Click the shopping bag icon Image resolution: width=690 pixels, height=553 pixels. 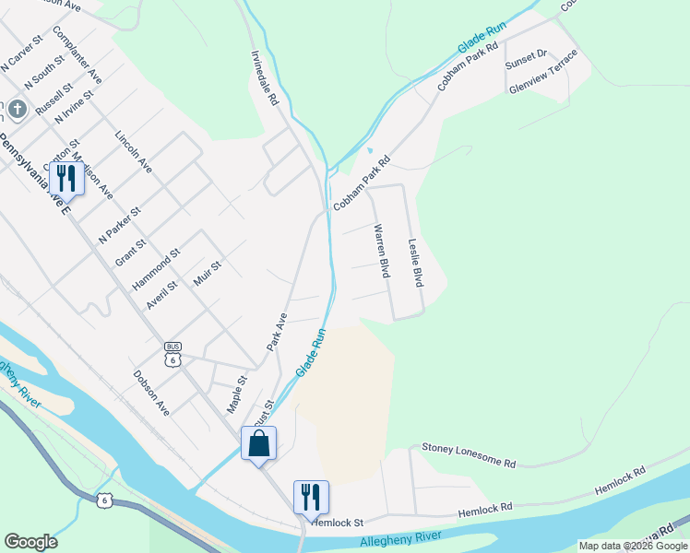(x=259, y=443)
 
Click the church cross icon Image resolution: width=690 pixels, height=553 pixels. (x=17, y=110)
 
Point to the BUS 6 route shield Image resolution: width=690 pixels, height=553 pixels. (x=172, y=354)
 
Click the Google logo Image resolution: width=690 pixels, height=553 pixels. (x=30, y=542)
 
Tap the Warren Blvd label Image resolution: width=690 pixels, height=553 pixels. (x=380, y=251)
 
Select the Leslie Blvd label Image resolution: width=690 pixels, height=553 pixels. (x=415, y=263)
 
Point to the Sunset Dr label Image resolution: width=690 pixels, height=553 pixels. (x=526, y=61)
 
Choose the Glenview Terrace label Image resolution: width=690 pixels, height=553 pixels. (x=543, y=71)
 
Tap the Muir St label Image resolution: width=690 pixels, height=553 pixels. (x=208, y=274)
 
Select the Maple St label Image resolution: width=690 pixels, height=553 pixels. (x=238, y=394)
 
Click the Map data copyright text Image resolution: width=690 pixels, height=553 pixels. (x=632, y=546)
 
